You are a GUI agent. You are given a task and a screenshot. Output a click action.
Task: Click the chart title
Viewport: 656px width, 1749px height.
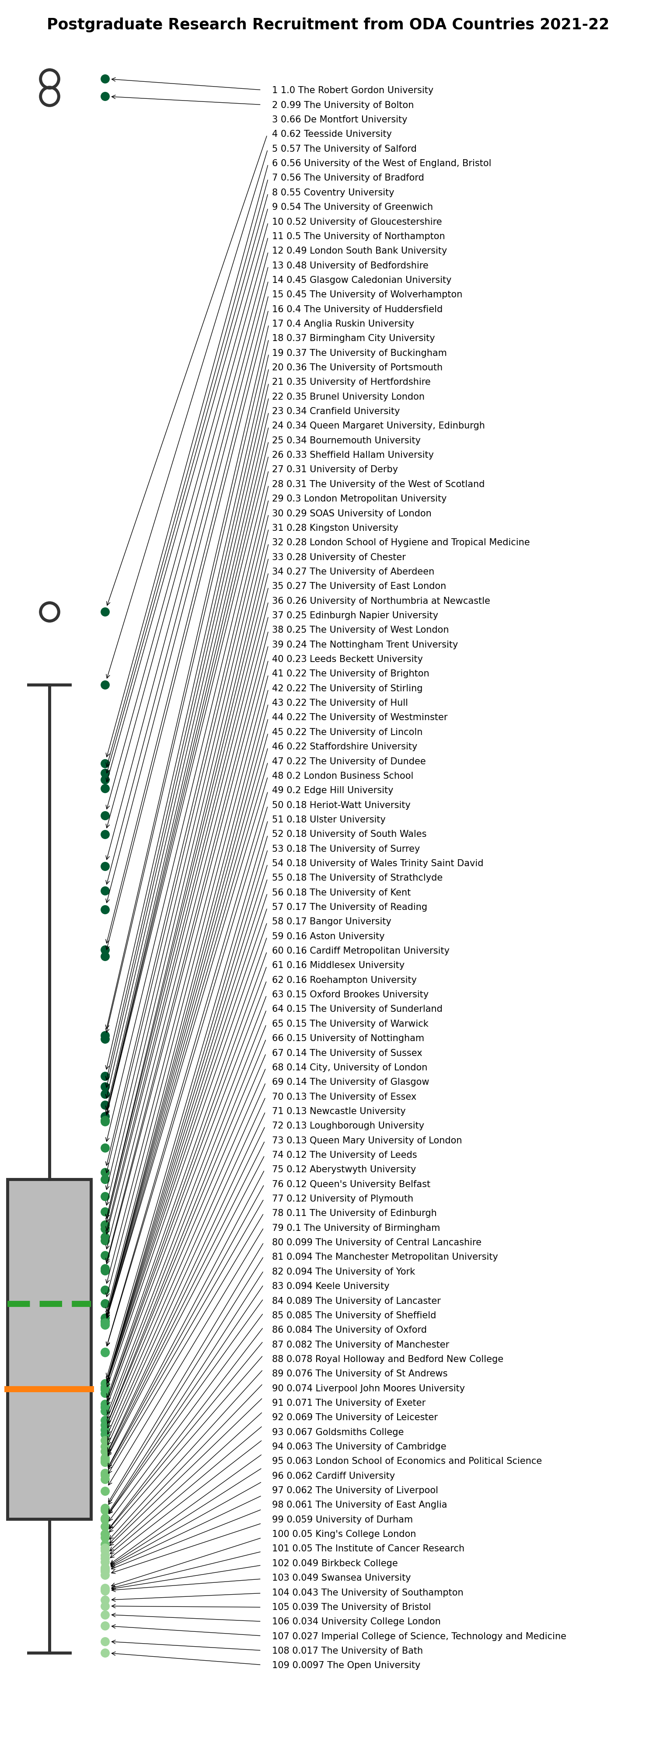(x=328, y=24)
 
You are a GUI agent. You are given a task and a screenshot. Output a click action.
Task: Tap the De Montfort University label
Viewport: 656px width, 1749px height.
(x=339, y=119)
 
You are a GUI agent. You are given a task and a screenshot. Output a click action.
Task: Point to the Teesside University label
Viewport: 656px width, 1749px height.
(x=332, y=134)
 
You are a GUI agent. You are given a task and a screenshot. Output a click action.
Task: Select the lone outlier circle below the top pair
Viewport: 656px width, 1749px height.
(x=49, y=612)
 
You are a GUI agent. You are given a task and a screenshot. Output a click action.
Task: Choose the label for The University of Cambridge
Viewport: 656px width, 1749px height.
(x=359, y=1446)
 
